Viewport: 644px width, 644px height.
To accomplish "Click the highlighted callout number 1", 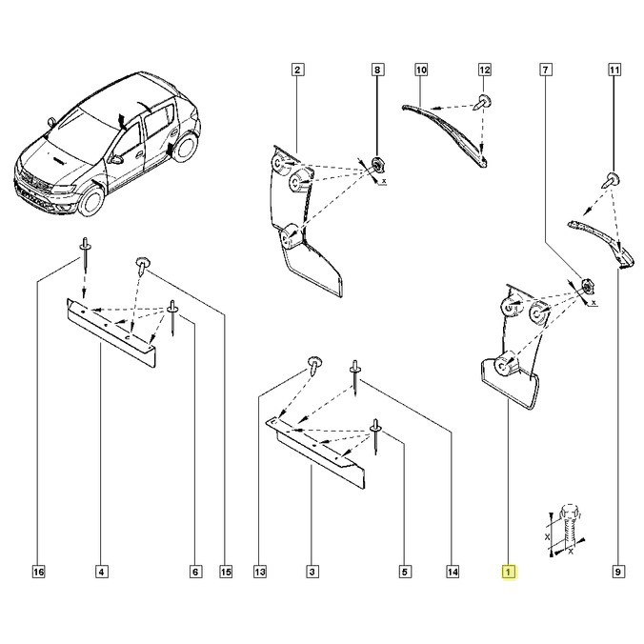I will click(510, 573).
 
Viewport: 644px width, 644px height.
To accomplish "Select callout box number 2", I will click(298, 70).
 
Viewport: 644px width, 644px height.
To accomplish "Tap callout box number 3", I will click(312, 573).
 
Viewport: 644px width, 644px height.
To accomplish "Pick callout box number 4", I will click(101, 573).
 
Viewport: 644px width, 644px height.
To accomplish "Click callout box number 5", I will click(405, 573).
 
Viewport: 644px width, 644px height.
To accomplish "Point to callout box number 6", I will click(195, 573).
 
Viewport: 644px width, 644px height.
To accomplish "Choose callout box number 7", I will click(545, 70).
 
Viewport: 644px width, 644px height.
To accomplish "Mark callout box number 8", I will click(377, 70).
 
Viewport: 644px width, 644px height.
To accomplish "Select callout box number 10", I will click(421, 70).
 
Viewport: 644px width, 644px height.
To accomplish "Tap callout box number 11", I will click(614, 70).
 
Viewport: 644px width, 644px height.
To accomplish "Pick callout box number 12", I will click(484, 70).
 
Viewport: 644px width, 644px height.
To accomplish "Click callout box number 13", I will click(260, 573).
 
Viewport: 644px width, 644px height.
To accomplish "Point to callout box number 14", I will click(453, 573).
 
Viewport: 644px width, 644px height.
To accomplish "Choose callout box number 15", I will click(226, 573).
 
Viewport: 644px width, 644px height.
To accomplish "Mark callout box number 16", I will click(38, 573).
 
